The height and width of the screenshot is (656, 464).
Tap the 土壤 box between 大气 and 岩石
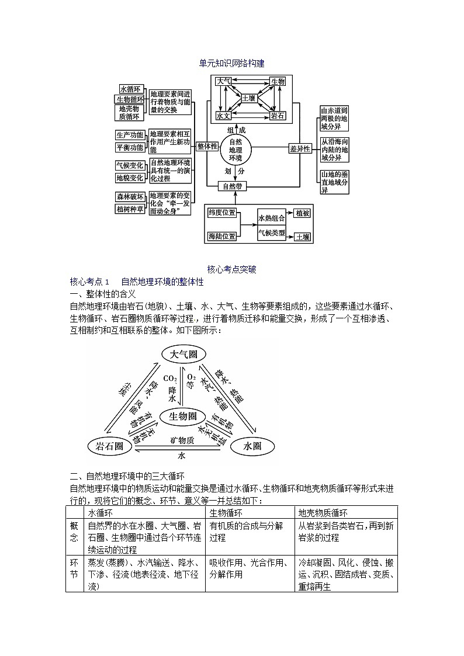248,99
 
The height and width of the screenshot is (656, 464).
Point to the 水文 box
223,116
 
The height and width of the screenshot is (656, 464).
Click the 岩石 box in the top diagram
278,116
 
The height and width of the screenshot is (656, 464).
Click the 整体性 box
207,147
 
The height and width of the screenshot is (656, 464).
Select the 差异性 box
300,148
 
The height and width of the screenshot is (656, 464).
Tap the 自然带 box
233,186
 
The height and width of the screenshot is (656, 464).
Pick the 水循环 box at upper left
130,89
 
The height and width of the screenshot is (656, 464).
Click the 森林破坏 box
130,197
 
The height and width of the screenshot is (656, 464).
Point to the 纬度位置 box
222,213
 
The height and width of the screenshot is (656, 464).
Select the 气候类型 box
272,234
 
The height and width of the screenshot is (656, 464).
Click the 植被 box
302,214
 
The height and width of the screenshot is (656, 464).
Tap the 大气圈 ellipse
183,355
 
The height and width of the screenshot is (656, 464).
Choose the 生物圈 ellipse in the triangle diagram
183,416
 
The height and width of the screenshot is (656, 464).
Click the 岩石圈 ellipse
109,447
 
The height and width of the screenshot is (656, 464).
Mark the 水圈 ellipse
252,447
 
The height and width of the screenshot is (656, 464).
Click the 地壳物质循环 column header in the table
323,512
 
